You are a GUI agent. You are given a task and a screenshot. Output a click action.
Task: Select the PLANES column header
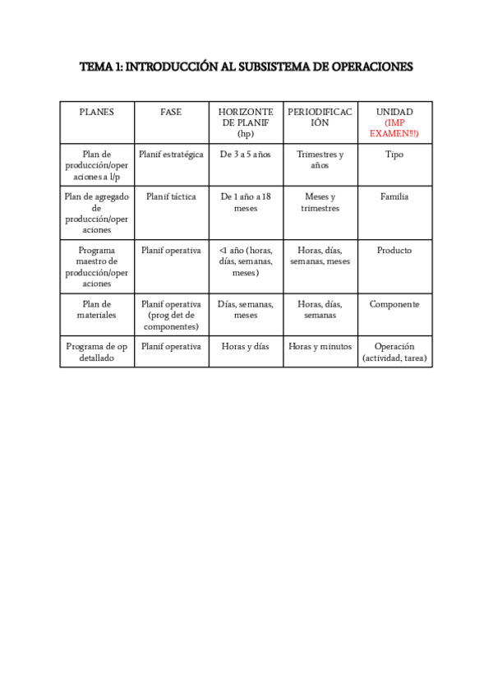point(96,112)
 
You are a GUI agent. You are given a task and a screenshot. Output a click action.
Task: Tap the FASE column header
point(171,112)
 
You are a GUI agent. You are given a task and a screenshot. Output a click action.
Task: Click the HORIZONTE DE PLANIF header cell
point(246,122)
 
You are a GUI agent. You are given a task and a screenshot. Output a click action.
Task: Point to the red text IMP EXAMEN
point(394,128)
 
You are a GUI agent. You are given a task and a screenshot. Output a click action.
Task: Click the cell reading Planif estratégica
point(171,155)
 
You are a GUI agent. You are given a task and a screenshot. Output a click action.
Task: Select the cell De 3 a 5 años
point(246,155)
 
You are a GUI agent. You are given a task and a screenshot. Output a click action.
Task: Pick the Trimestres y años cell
point(320,159)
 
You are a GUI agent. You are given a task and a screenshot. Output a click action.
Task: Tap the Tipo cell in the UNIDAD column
point(394,155)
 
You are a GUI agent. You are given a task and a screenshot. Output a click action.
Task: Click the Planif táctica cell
point(171,197)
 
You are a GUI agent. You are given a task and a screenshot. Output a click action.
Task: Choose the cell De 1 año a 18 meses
point(246,202)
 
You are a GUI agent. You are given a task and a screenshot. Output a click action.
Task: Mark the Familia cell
point(394,197)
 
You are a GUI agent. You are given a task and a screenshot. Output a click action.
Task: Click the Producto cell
point(394,251)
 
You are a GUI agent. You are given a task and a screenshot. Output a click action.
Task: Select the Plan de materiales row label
point(96,309)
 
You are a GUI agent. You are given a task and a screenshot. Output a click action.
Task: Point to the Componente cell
point(394,304)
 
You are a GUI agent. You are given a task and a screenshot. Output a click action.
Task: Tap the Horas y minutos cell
point(320,347)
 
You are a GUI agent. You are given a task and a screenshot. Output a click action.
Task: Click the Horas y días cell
point(246,347)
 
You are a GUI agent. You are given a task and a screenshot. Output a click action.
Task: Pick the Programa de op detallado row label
point(96,352)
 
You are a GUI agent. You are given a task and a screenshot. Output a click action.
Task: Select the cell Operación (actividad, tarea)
point(394,352)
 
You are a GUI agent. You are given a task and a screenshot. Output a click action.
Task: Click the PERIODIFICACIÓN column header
point(320,117)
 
